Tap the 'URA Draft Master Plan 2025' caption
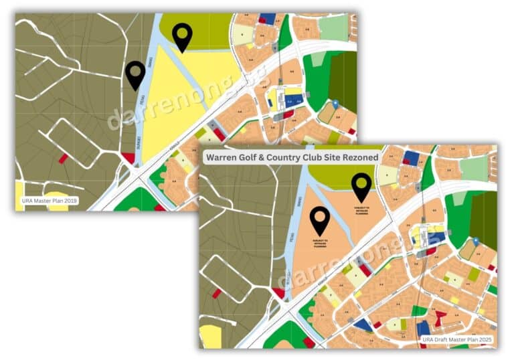[458, 339]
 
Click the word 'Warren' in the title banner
[226, 158]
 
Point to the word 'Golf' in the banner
[258, 158]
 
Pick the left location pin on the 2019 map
[136, 74]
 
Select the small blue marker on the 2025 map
[475, 241]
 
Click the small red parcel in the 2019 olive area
[63, 159]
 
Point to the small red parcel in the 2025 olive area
[216, 293]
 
